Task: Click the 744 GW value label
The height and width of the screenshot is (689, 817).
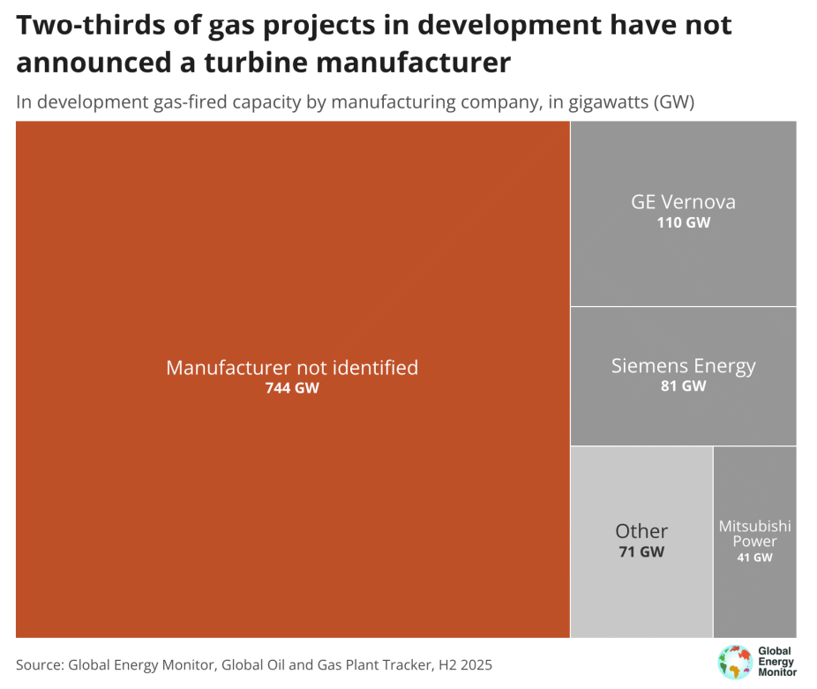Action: (292, 388)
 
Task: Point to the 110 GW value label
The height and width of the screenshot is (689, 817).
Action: (683, 223)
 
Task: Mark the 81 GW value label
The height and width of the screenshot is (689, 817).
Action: (683, 386)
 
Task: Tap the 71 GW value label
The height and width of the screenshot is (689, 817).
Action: (641, 552)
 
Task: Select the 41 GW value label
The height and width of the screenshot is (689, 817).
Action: (754, 558)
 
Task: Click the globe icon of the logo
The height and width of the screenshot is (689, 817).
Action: (733, 662)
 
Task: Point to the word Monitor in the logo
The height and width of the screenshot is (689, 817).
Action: (777, 673)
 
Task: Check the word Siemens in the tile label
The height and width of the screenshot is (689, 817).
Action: (644, 365)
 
